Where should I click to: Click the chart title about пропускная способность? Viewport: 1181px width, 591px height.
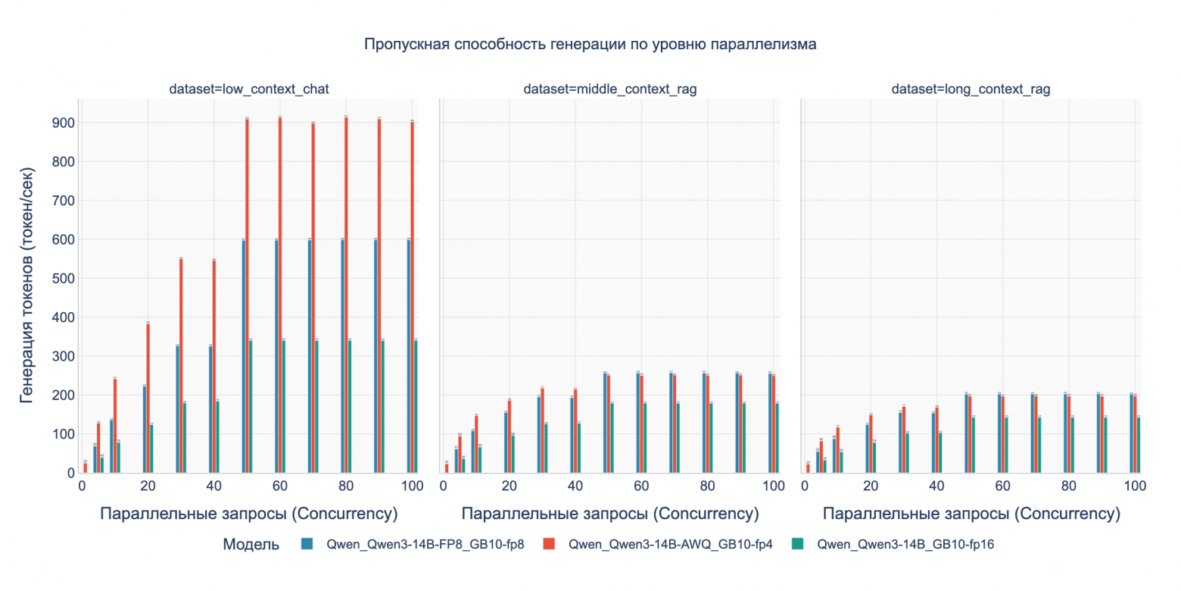590,44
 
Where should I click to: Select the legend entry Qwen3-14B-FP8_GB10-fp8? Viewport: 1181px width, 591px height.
424,544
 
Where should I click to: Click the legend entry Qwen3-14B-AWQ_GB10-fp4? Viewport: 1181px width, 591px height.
669,544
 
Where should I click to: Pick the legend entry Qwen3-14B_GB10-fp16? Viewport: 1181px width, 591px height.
905,544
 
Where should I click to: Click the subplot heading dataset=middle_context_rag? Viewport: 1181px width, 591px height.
609,89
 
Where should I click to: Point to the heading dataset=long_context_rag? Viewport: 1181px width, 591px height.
971,89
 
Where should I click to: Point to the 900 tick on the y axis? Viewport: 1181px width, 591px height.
65,123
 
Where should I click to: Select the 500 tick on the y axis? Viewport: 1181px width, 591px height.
65,278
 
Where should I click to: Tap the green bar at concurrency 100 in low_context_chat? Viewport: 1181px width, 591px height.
416,406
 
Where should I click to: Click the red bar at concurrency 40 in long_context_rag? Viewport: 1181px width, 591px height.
937,440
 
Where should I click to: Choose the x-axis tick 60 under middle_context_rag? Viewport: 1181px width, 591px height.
641,486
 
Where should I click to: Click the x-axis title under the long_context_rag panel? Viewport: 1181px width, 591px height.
971,514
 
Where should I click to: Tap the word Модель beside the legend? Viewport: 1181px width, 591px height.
251,544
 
